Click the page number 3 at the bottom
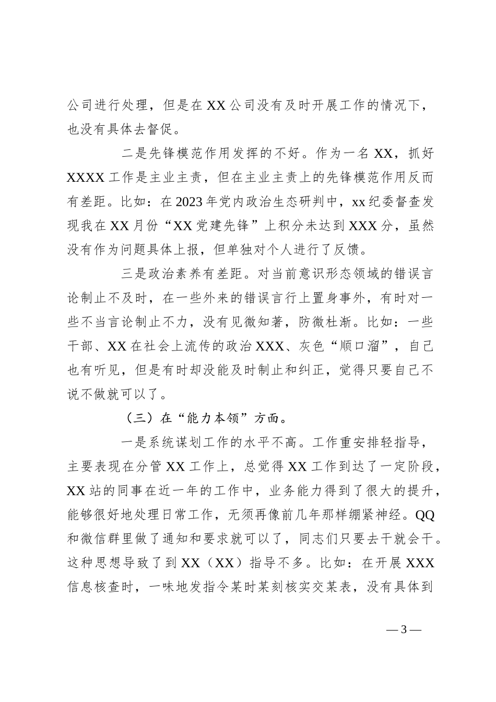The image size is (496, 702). coord(403,629)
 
